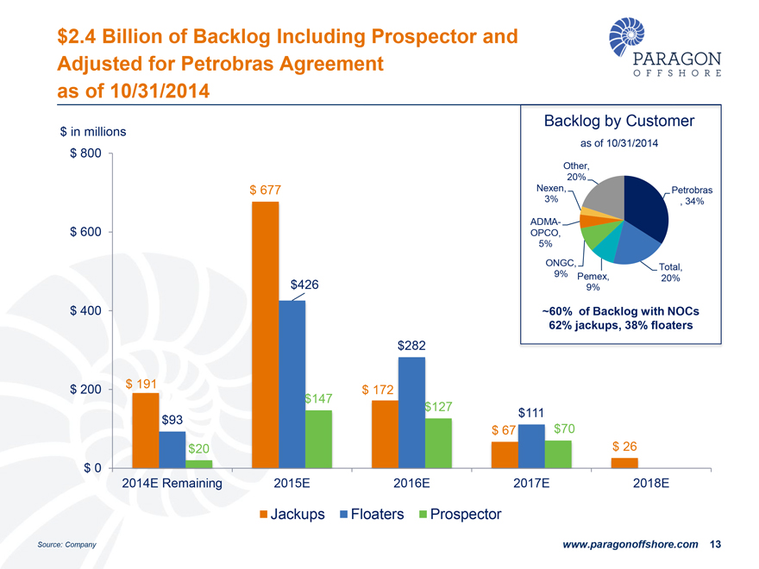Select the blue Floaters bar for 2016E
click(x=412, y=412)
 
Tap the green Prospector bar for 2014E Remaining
click(x=199, y=464)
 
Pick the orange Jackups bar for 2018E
click(x=624, y=463)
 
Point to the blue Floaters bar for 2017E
click(x=531, y=446)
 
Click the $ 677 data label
click(x=266, y=190)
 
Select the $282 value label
click(x=412, y=346)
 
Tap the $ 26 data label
click(x=624, y=447)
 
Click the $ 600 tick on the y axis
click(x=85, y=232)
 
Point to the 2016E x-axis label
click(x=411, y=484)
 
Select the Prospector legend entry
click(x=460, y=515)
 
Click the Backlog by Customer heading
click(x=619, y=121)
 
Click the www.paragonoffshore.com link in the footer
click(x=630, y=545)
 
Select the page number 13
click(x=714, y=545)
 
